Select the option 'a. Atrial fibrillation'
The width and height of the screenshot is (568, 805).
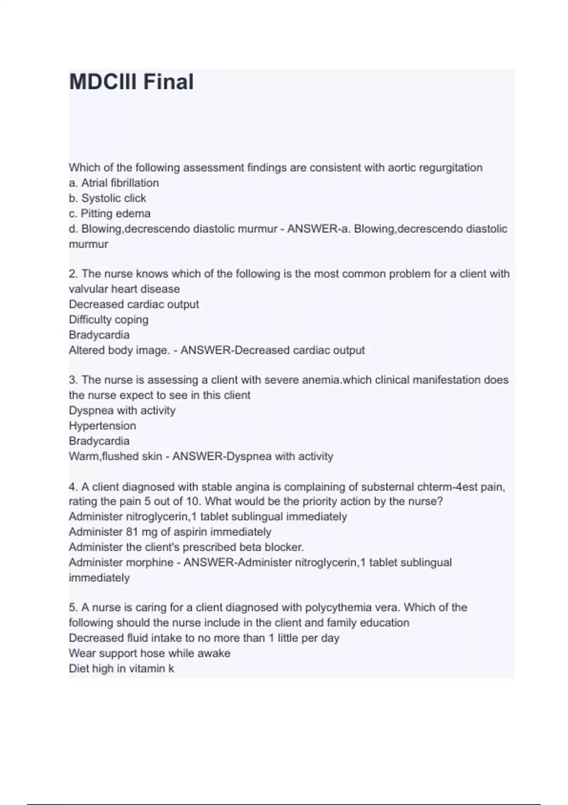click(x=114, y=183)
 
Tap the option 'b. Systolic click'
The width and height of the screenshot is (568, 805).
click(x=107, y=198)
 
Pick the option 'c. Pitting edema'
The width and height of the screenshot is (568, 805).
click(x=109, y=214)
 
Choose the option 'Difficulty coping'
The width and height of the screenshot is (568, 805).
click(x=108, y=320)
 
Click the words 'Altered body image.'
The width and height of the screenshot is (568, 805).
click(x=119, y=350)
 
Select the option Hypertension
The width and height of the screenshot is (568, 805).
click(x=102, y=426)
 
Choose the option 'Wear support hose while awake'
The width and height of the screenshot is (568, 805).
click(x=150, y=653)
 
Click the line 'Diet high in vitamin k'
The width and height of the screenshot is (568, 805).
click(x=121, y=669)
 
